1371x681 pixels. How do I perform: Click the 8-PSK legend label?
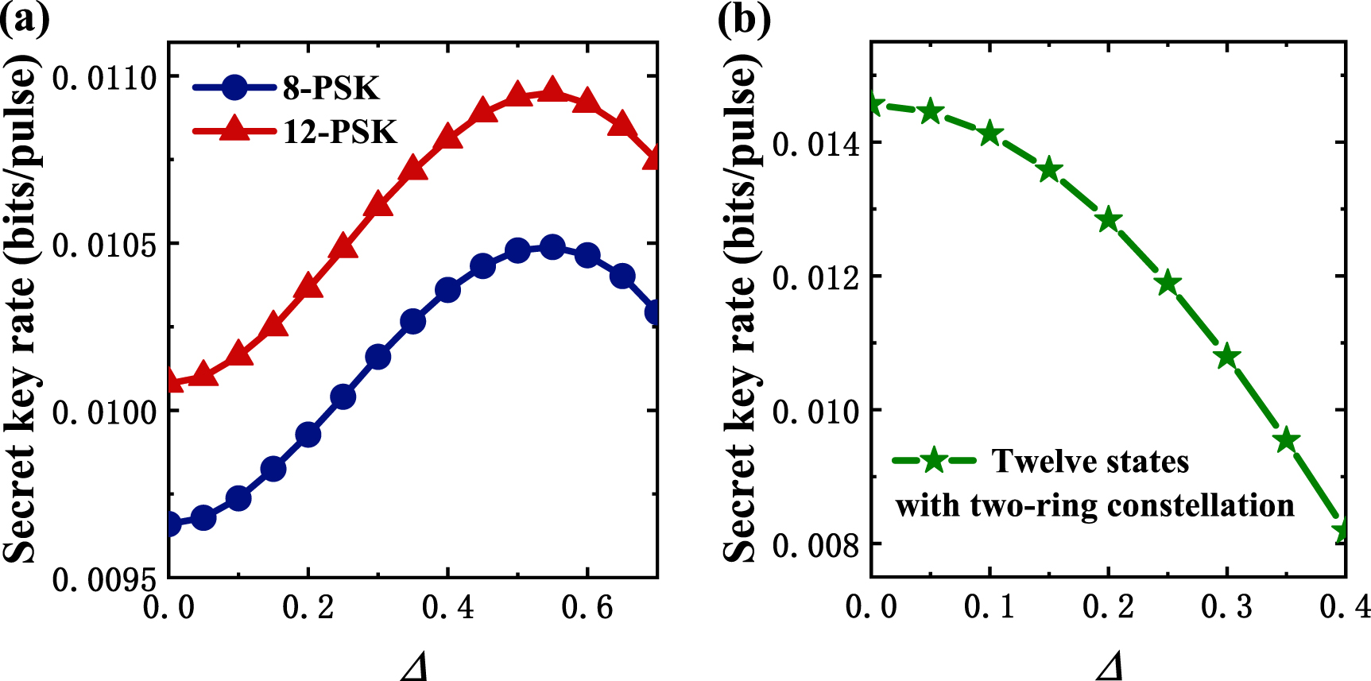331,87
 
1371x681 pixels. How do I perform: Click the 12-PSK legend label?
339,131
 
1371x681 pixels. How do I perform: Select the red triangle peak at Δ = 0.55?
552,91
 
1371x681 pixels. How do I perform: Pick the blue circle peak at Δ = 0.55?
552,247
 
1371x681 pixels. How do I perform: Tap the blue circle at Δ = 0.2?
308,435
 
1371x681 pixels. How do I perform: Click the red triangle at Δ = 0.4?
448,137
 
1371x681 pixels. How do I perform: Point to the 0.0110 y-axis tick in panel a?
104,78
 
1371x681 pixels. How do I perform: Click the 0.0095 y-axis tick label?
104,580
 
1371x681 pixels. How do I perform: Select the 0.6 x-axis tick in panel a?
587,608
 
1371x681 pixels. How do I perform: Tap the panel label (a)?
24,17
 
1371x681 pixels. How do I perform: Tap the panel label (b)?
743,17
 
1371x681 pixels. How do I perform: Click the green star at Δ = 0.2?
1109,220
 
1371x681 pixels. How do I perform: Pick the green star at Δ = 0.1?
990,133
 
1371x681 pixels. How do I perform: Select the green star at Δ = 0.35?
1287,439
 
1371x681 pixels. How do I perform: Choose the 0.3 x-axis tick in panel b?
1226,608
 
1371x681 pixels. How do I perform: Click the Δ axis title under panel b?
1110,666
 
